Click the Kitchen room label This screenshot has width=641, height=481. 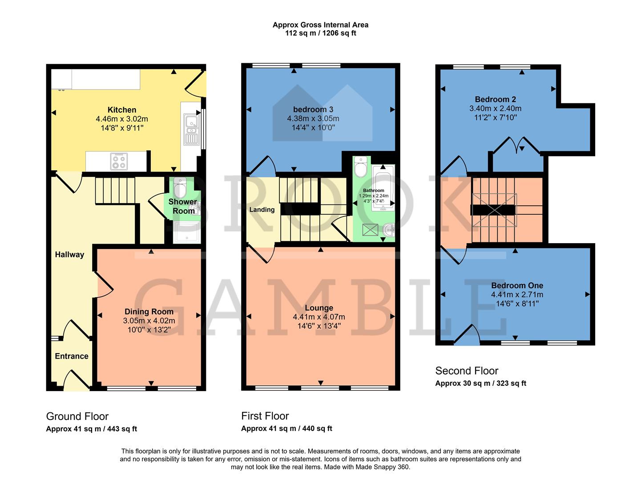point(122,110)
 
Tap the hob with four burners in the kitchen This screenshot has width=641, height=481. point(118,161)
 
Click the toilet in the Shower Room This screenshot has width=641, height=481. point(180,188)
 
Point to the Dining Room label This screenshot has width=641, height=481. point(149,311)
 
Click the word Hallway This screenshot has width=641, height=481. point(69,254)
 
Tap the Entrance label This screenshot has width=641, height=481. point(71,356)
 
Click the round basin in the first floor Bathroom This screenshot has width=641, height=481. point(388,230)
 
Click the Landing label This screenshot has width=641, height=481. point(262,209)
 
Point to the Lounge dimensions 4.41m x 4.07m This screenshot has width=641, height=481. point(318,317)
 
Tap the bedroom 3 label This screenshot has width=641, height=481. point(313,109)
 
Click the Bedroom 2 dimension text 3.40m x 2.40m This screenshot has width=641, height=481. point(495,108)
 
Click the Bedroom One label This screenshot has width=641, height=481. point(517,285)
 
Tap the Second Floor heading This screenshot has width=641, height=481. point(467,371)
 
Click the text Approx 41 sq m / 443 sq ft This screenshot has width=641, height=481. point(92,429)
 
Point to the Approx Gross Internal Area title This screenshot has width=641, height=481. point(320,25)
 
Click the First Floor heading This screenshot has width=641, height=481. point(265,416)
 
